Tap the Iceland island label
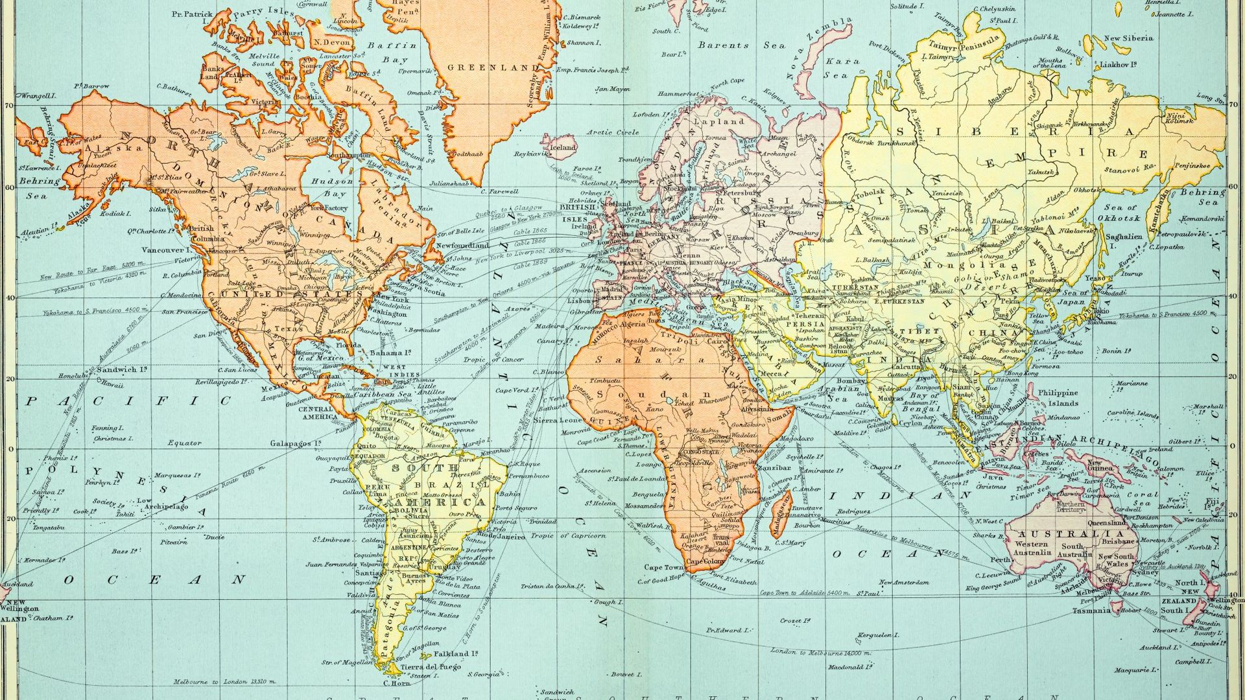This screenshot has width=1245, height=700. tap(563, 147)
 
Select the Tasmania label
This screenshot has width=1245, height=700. tap(1091, 611)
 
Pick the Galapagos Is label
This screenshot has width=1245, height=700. tap(296, 443)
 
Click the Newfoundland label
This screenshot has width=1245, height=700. tap(462, 246)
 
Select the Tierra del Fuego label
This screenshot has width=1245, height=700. tap(430, 667)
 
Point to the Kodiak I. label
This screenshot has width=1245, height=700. tap(117, 213)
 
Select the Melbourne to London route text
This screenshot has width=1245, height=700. tap(224, 682)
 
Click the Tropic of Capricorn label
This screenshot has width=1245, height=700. tap(568, 536)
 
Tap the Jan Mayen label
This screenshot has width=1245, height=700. tap(612, 89)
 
